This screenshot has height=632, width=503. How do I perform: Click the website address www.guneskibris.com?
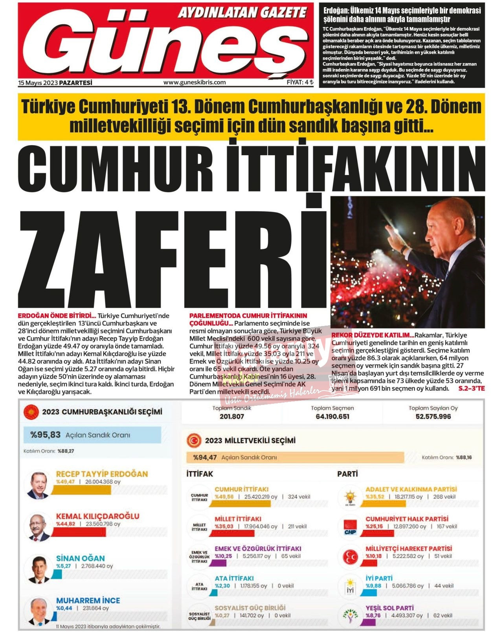[195, 82]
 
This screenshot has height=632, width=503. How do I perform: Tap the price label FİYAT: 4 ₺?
[300, 82]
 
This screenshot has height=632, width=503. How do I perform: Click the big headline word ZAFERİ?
[173, 259]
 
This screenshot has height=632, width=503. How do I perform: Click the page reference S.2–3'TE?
[472, 388]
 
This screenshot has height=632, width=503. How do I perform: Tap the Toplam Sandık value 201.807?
[232, 416]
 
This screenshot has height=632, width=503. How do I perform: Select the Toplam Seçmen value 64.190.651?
[332, 416]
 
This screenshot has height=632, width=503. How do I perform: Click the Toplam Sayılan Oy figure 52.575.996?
[433, 416]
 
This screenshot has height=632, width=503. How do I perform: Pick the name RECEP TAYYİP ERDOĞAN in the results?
[102, 474]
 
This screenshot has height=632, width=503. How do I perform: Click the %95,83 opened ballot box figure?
[46, 435]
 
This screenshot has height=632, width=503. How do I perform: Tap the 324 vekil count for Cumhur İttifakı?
[299, 497]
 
